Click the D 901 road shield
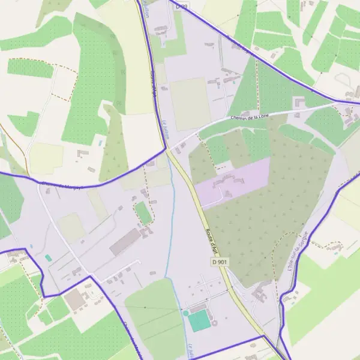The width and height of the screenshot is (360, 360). pyautogui.click(x=220, y=262)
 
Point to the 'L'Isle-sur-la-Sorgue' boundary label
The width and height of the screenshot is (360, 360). pyautogui.click(x=298, y=253)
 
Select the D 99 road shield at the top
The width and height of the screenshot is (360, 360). pyautogui.click(x=182, y=5)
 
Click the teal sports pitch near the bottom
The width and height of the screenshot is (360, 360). pyautogui.click(x=200, y=322)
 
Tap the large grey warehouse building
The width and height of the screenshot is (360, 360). pyautogui.click(x=125, y=242)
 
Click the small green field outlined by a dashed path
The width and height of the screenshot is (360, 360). pyautogui.click(x=143, y=213)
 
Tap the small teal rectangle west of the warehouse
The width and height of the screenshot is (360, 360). pyautogui.click(x=49, y=258)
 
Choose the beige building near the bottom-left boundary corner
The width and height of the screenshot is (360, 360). pyautogui.click(x=75, y=301)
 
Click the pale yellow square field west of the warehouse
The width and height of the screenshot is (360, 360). pyautogui.click(x=72, y=227)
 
